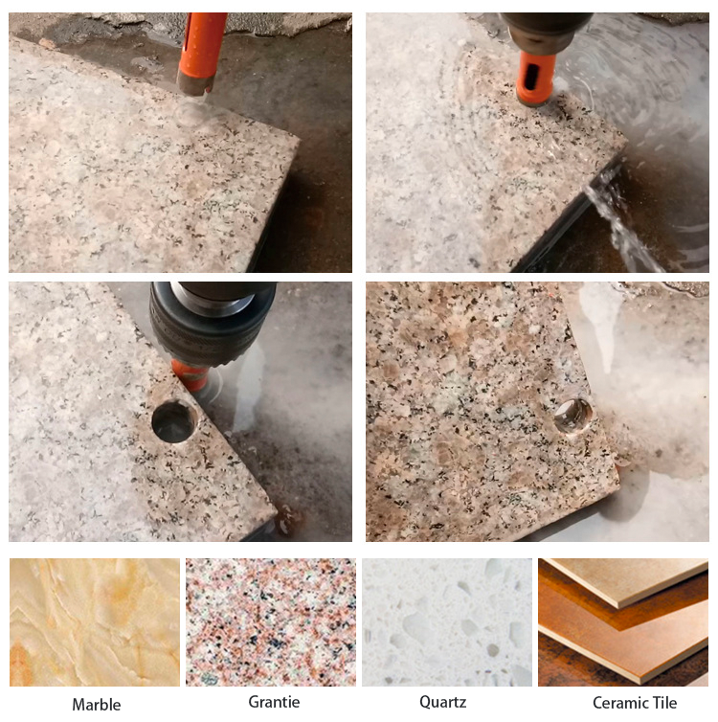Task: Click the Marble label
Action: coord(97,704)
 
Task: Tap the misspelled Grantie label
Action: coord(274,702)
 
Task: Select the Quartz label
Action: coord(443,702)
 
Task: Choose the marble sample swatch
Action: coord(94,622)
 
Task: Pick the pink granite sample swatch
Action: coord(271,622)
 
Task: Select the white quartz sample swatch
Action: coord(447,622)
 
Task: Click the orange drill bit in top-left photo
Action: coord(202,48)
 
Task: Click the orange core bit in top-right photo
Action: coord(536,77)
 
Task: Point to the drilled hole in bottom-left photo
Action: coord(174,422)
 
